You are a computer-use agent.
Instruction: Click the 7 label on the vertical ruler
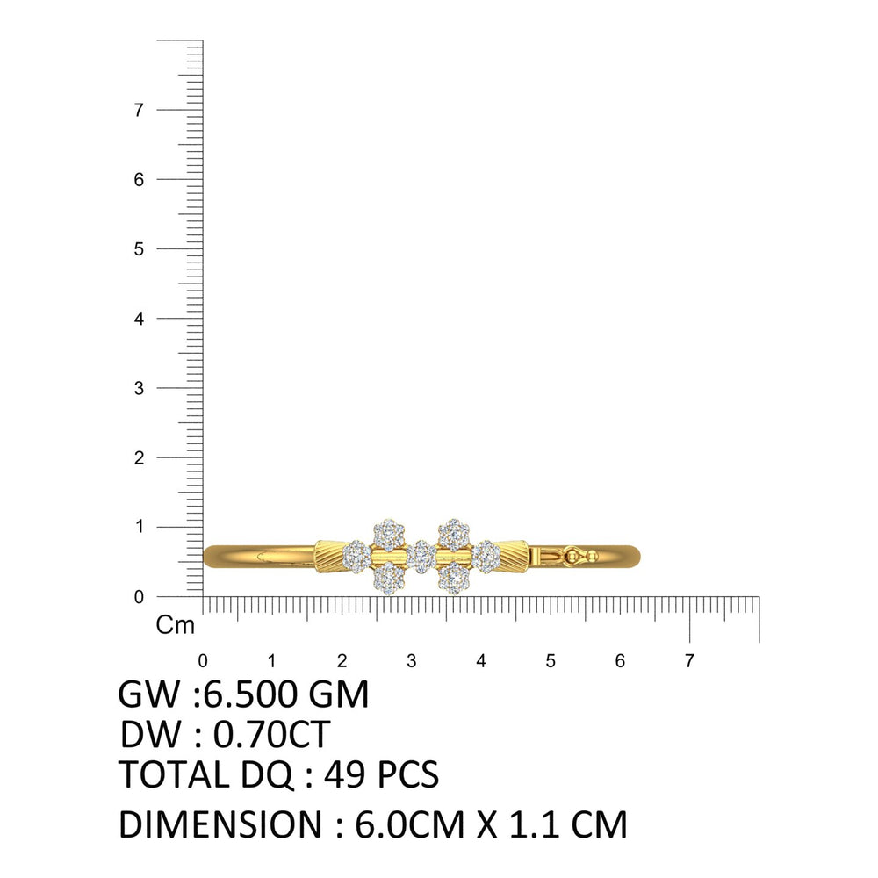pos(139,110)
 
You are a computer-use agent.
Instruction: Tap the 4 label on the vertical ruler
pos(139,319)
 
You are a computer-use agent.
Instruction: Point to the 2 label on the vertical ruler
pos(139,458)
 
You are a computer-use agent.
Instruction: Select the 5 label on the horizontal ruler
pos(551,661)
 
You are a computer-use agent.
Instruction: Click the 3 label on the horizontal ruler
pos(412,661)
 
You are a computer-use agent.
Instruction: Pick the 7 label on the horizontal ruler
pos(689,661)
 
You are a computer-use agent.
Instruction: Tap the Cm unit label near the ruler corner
pos(176,625)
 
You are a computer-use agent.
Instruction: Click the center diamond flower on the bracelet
pos(421,556)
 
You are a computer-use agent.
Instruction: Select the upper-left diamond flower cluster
pos(389,535)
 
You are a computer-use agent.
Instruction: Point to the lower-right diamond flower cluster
pos(454,579)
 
